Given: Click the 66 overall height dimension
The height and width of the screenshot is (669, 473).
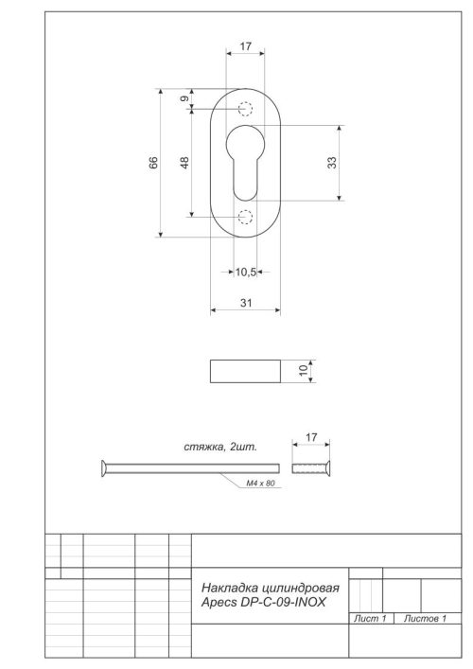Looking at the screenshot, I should pyautogui.click(x=153, y=163).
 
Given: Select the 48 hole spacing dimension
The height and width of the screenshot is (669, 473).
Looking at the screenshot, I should pyautogui.click(x=185, y=163).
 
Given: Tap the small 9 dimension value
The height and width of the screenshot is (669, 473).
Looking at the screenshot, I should pyautogui.click(x=185, y=98).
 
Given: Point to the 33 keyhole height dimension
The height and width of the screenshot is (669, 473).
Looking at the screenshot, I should pyautogui.click(x=332, y=162).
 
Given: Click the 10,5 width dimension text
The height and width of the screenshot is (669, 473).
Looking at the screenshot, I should pyautogui.click(x=246, y=272).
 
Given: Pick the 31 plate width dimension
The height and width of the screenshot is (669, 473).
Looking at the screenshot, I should pyautogui.click(x=245, y=303).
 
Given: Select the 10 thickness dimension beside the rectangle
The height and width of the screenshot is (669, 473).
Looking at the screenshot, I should pyautogui.click(x=304, y=371).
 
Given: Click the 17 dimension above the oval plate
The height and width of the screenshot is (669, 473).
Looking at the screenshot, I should pyautogui.click(x=245, y=45).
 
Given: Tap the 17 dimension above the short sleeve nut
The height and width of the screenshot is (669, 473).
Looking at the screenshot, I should pyautogui.click(x=311, y=438).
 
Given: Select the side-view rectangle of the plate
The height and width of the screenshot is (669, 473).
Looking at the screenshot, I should pyautogui.click(x=245, y=371).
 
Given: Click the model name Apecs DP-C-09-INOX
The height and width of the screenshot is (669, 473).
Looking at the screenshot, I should pyautogui.click(x=260, y=601).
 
